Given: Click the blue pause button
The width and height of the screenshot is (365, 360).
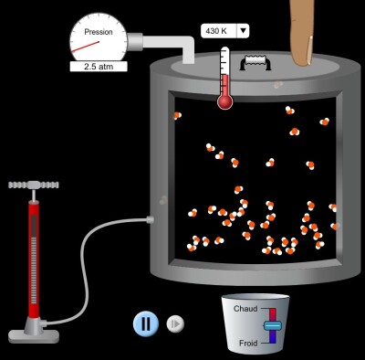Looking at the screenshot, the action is tap(146, 323).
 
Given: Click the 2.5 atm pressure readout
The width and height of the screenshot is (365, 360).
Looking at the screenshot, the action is tap(99, 67).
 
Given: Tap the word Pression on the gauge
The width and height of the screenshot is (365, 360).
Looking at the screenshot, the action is tap(99, 32).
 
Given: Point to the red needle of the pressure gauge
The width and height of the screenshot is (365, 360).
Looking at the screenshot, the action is tap(86, 47).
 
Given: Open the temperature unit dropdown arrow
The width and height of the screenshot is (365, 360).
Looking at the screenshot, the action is tap(243, 31).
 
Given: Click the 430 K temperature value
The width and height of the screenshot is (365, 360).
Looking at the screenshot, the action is tap(216, 31).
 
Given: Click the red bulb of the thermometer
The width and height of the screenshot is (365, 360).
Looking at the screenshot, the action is tap(225, 101).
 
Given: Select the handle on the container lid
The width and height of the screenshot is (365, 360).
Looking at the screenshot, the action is tap(255, 62).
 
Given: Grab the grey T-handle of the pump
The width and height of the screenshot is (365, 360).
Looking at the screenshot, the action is tap(34, 185).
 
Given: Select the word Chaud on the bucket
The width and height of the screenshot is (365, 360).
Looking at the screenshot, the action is tap(245, 309).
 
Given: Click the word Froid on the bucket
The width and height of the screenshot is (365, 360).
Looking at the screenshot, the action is tap(248, 344).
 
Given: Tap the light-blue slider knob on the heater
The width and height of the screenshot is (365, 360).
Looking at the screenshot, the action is tap(273, 325).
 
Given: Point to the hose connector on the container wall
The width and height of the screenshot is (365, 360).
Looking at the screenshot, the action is tap(150, 219).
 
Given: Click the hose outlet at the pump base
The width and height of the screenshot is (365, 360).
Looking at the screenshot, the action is tap(43, 323).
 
